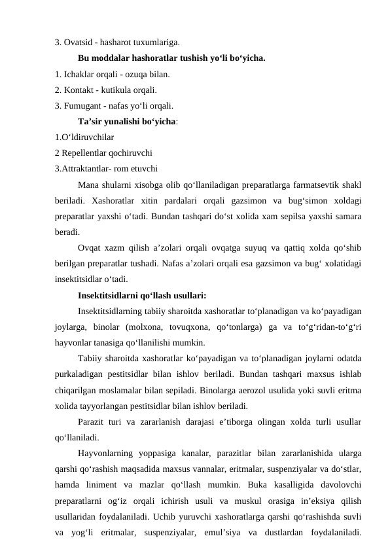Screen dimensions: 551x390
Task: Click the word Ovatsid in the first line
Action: click(x=79, y=43)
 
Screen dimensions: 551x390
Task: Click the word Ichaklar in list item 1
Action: click(x=80, y=74)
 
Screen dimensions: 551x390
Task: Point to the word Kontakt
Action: click(x=79, y=90)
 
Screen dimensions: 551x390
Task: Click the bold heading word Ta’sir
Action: click(x=90, y=121)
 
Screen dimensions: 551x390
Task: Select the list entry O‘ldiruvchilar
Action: click(x=84, y=137)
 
